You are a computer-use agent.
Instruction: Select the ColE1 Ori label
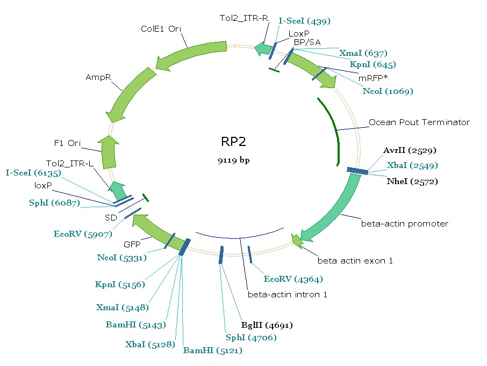161,28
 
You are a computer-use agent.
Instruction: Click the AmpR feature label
98,77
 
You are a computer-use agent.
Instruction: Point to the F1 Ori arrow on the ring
109,151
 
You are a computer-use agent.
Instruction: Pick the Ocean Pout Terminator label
419,122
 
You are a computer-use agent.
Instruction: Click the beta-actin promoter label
404,223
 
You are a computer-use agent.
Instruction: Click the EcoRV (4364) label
293,279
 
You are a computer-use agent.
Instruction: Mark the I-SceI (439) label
305,21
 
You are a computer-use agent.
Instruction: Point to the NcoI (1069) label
388,91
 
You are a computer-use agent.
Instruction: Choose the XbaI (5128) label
150,344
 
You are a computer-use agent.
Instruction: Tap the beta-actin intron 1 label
287,294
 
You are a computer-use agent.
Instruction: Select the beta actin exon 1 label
355,261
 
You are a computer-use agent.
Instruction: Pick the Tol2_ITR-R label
244,18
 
